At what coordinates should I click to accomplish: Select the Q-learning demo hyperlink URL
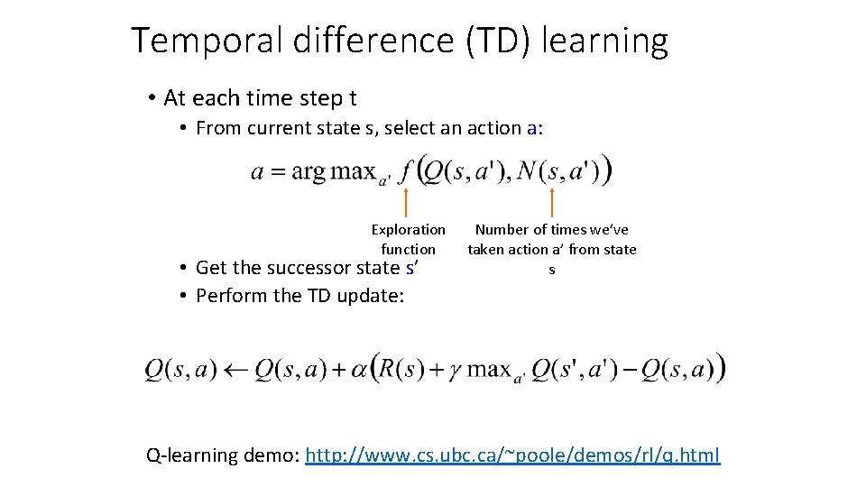click(x=512, y=455)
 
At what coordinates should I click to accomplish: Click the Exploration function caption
click(x=408, y=239)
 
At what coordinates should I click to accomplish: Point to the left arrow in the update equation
click(x=236, y=370)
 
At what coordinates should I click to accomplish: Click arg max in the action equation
click(x=330, y=172)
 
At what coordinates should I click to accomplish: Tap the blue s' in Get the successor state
click(x=413, y=267)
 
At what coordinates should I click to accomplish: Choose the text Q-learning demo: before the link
click(x=223, y=455)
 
